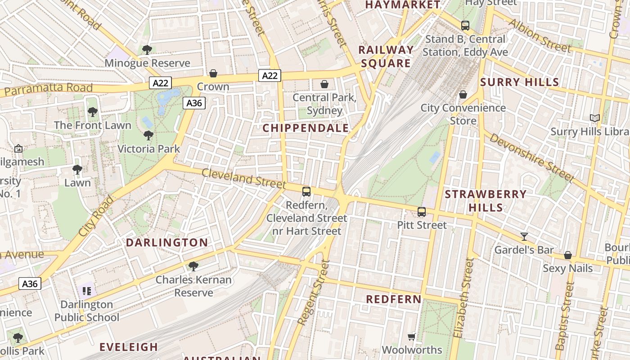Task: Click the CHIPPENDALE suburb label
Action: click(306, 128)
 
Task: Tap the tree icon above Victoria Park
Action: click(148, 135)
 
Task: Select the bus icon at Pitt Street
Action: click(422, 211)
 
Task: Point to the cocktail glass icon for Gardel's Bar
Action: click(524, 236)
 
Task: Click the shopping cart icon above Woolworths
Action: click(411, 337)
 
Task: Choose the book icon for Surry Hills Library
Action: click(595, 118)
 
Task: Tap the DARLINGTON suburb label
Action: click(166, 243)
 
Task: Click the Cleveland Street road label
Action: click(243, 179)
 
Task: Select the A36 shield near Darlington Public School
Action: click(30, 283)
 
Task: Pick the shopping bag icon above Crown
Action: click(213, 73)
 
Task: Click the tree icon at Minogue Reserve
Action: click(147, 49)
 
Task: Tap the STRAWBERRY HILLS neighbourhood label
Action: click(486, 201)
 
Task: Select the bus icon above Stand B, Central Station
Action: click(465, 26)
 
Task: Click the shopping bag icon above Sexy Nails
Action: click(568, 255)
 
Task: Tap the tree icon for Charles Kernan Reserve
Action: click(193, 266)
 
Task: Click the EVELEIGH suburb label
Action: click(129, 347)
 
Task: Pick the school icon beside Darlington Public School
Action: click(87, 291)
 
